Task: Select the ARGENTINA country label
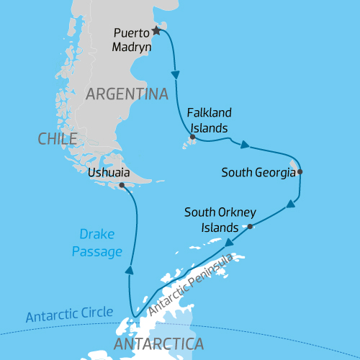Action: tap(127, 94)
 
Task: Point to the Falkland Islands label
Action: tap(207, 121)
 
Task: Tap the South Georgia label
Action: tap(258, 172)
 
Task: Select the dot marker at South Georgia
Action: tap(300, 172)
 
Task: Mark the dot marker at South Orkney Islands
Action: tap(250, 227)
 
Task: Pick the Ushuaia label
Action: tap(108, 173)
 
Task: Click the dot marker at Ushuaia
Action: tap(122, 185)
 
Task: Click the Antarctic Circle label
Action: tap(69, 314)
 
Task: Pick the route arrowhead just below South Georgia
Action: tap(291, 205)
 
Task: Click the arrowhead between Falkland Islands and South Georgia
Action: tap(245, 145)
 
